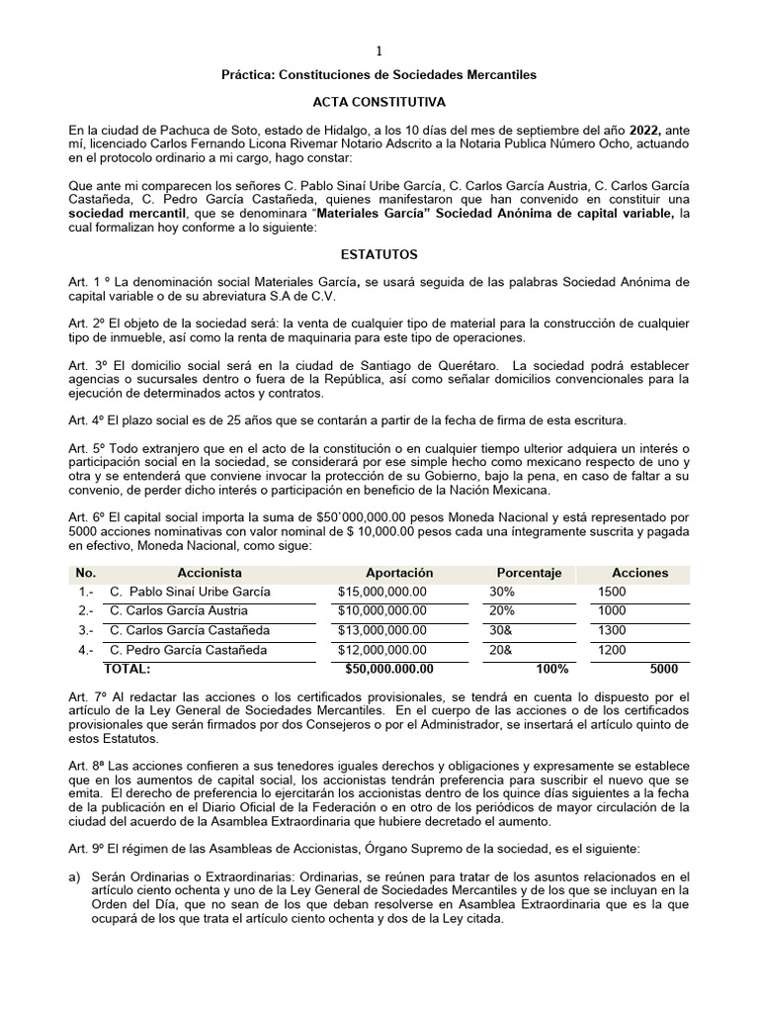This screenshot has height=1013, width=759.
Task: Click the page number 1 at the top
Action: pyautogui.click(x=379, y=50)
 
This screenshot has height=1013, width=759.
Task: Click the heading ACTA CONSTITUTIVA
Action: pyautogui.click(x=379, y=102)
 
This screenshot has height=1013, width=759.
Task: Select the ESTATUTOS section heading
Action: pyautogui.click(x=379, y=254)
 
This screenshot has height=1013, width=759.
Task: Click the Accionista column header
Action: pyautogui.click(x=210, y=573)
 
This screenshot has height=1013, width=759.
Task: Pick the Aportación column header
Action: pyautogui.click(x=399, y=573)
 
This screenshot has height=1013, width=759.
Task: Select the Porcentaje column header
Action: pyautogui.click(x=529, y=573)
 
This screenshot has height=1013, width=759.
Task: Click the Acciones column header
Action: pyautogui.click(x=639, y=573)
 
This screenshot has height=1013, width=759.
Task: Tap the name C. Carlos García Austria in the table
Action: pyautogui.click(x=179, y=610)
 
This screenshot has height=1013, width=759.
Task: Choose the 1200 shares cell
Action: pyautogui.click(x=612, y=650)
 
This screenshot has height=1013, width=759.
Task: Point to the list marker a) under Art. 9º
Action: pyautogui.click(x=74, y=876)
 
